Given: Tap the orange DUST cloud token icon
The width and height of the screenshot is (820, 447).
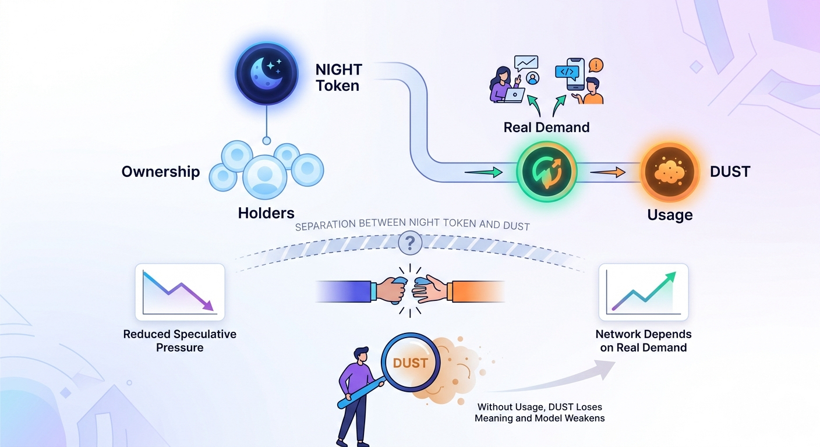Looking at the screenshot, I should coord(669,172).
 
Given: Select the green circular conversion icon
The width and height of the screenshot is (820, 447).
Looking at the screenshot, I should coord(546,172).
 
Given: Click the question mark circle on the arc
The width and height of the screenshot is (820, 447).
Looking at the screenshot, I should coord(410,242).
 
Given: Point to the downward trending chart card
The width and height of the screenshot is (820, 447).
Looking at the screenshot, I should coord(180,292).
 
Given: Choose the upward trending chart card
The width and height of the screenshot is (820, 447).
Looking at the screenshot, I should coord(643,292).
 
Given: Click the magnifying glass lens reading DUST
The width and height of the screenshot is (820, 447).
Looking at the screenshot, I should coord(411,363).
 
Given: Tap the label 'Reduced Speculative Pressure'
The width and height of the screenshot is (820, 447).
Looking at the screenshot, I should coord(180,341).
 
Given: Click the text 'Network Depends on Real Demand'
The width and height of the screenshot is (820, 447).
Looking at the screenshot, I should coord(643,341).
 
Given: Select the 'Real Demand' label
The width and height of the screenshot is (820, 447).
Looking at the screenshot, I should coord(546,127).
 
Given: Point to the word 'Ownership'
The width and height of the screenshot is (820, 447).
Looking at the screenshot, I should coord(161,172).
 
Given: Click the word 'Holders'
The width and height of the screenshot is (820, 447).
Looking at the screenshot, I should coord(266,213).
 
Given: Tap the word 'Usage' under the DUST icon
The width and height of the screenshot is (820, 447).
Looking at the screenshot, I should coord(670,215).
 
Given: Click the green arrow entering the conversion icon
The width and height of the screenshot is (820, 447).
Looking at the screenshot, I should coord(483,172).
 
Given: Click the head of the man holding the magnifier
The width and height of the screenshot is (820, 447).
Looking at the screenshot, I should coord(361,354).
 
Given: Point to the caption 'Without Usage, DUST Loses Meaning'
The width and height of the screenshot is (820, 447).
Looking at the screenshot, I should coord(539,413).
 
